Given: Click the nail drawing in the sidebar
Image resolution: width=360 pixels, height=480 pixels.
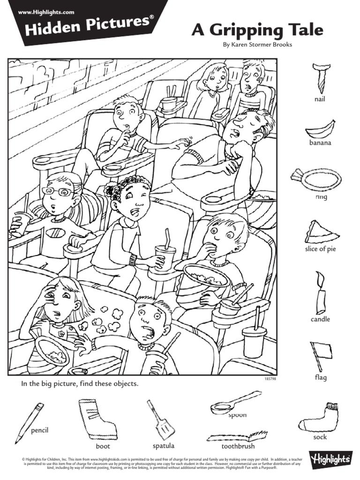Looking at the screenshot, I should tap(320, 77).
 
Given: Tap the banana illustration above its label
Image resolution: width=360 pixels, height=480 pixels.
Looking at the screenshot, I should tap(321, 128).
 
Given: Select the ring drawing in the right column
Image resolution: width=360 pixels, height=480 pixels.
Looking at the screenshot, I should tap(317, 178).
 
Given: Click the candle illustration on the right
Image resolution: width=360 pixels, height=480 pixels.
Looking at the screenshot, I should tap(320, 293).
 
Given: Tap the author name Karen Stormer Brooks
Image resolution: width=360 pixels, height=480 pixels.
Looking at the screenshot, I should tap(257, 45).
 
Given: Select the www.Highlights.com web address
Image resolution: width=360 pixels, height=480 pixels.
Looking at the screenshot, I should tap(46, 11).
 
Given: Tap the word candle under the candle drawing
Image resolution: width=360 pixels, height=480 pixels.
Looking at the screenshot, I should tap(320, 319).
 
